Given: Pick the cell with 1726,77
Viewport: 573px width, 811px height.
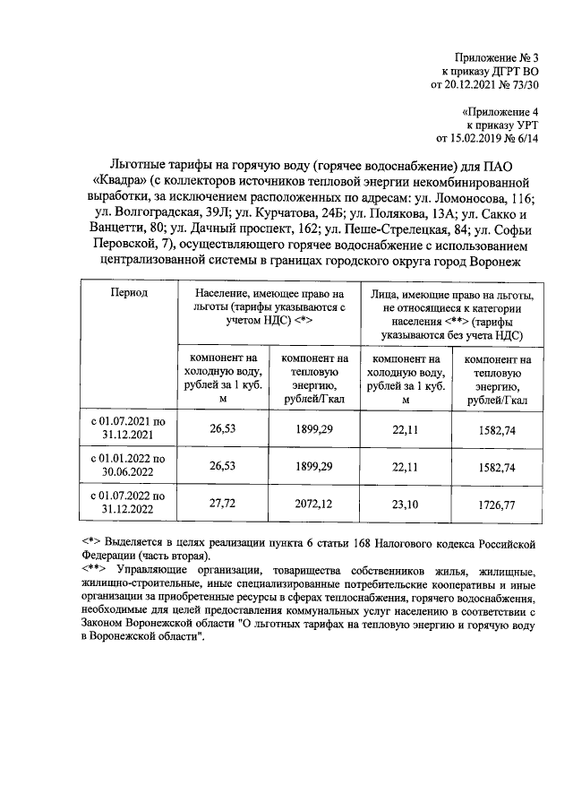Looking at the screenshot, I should (x=497, y=505).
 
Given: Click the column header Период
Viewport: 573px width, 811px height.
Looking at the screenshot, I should (x=129, y=293).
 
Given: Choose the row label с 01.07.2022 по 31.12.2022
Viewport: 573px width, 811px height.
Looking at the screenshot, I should (x=129, y=505).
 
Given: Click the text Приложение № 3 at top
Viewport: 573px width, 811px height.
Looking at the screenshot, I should (x=506, y=56).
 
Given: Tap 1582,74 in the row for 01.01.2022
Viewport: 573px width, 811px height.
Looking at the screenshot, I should (x=497, y=467).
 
